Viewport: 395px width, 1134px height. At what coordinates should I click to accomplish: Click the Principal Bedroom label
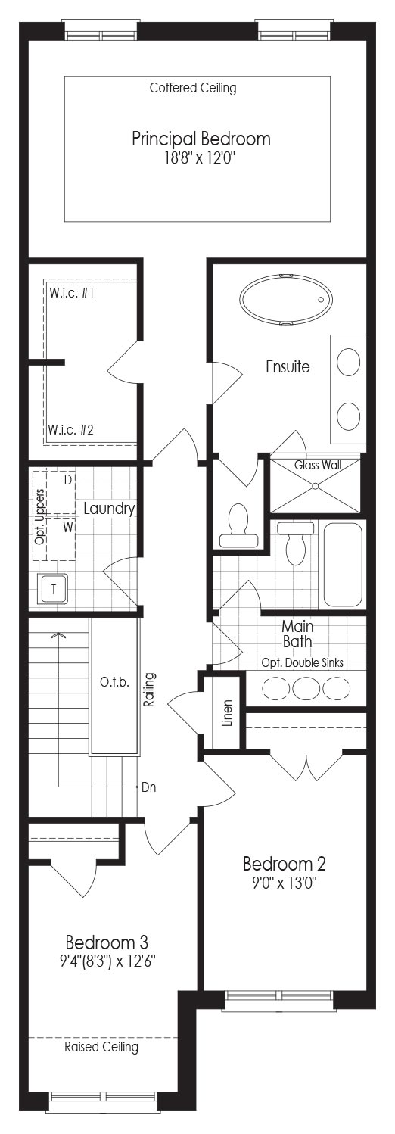pos(201,139)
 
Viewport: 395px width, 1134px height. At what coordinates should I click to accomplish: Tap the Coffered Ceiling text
pos(193,88)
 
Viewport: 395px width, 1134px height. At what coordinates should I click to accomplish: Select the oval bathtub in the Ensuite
pos(286,299)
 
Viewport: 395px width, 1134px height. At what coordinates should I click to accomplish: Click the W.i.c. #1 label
pos(72,293)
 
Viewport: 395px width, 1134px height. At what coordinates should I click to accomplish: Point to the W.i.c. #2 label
pos(71,430)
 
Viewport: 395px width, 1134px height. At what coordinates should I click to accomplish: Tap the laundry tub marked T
pos(53,589)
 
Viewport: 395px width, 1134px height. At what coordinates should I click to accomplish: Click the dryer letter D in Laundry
pos(68,479)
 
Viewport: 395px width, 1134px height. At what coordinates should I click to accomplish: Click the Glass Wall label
pos(318,465)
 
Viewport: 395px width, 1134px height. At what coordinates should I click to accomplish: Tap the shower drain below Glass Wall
pos(315,486)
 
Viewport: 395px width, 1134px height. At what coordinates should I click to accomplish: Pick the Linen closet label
pos(228,713)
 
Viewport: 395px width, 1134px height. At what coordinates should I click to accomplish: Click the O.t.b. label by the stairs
pos(114,682)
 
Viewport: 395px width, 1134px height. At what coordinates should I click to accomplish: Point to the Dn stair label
pos(149,787)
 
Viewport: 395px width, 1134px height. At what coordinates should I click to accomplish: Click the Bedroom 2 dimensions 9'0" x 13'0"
pos(285,883)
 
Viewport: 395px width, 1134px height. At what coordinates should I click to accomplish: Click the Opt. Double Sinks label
pos(303,662)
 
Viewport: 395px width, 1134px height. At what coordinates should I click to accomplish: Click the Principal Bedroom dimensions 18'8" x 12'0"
pos(201,158)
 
